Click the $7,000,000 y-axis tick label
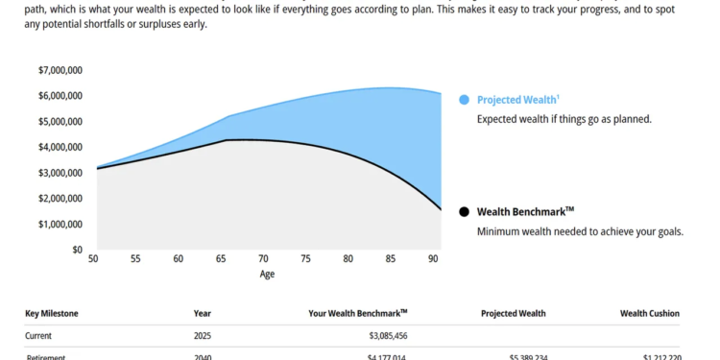pyautogui.click(x=60, y=70)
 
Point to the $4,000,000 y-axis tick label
pyautogui.click(x=60, y=147)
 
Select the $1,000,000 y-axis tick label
pyautogui.click(x=60, y=224)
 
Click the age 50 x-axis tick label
pyautogui.click(x=93, y=259)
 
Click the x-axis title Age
pyautogui.click(x=268, y=274)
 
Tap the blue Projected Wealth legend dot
pyautogui.click(x=465, y=99)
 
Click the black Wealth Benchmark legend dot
pyautogui.click(x=465, y=211)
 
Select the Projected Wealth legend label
pyautogui.click(x=517, y=99)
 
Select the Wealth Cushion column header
pyautogui.click(x=650, y=313)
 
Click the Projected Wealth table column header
pyautogui.click(x=513, y=313)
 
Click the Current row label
pyautogui.click(x=40, y=336)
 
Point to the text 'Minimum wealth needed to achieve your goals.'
pyautogui.click(x=580, y=231)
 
